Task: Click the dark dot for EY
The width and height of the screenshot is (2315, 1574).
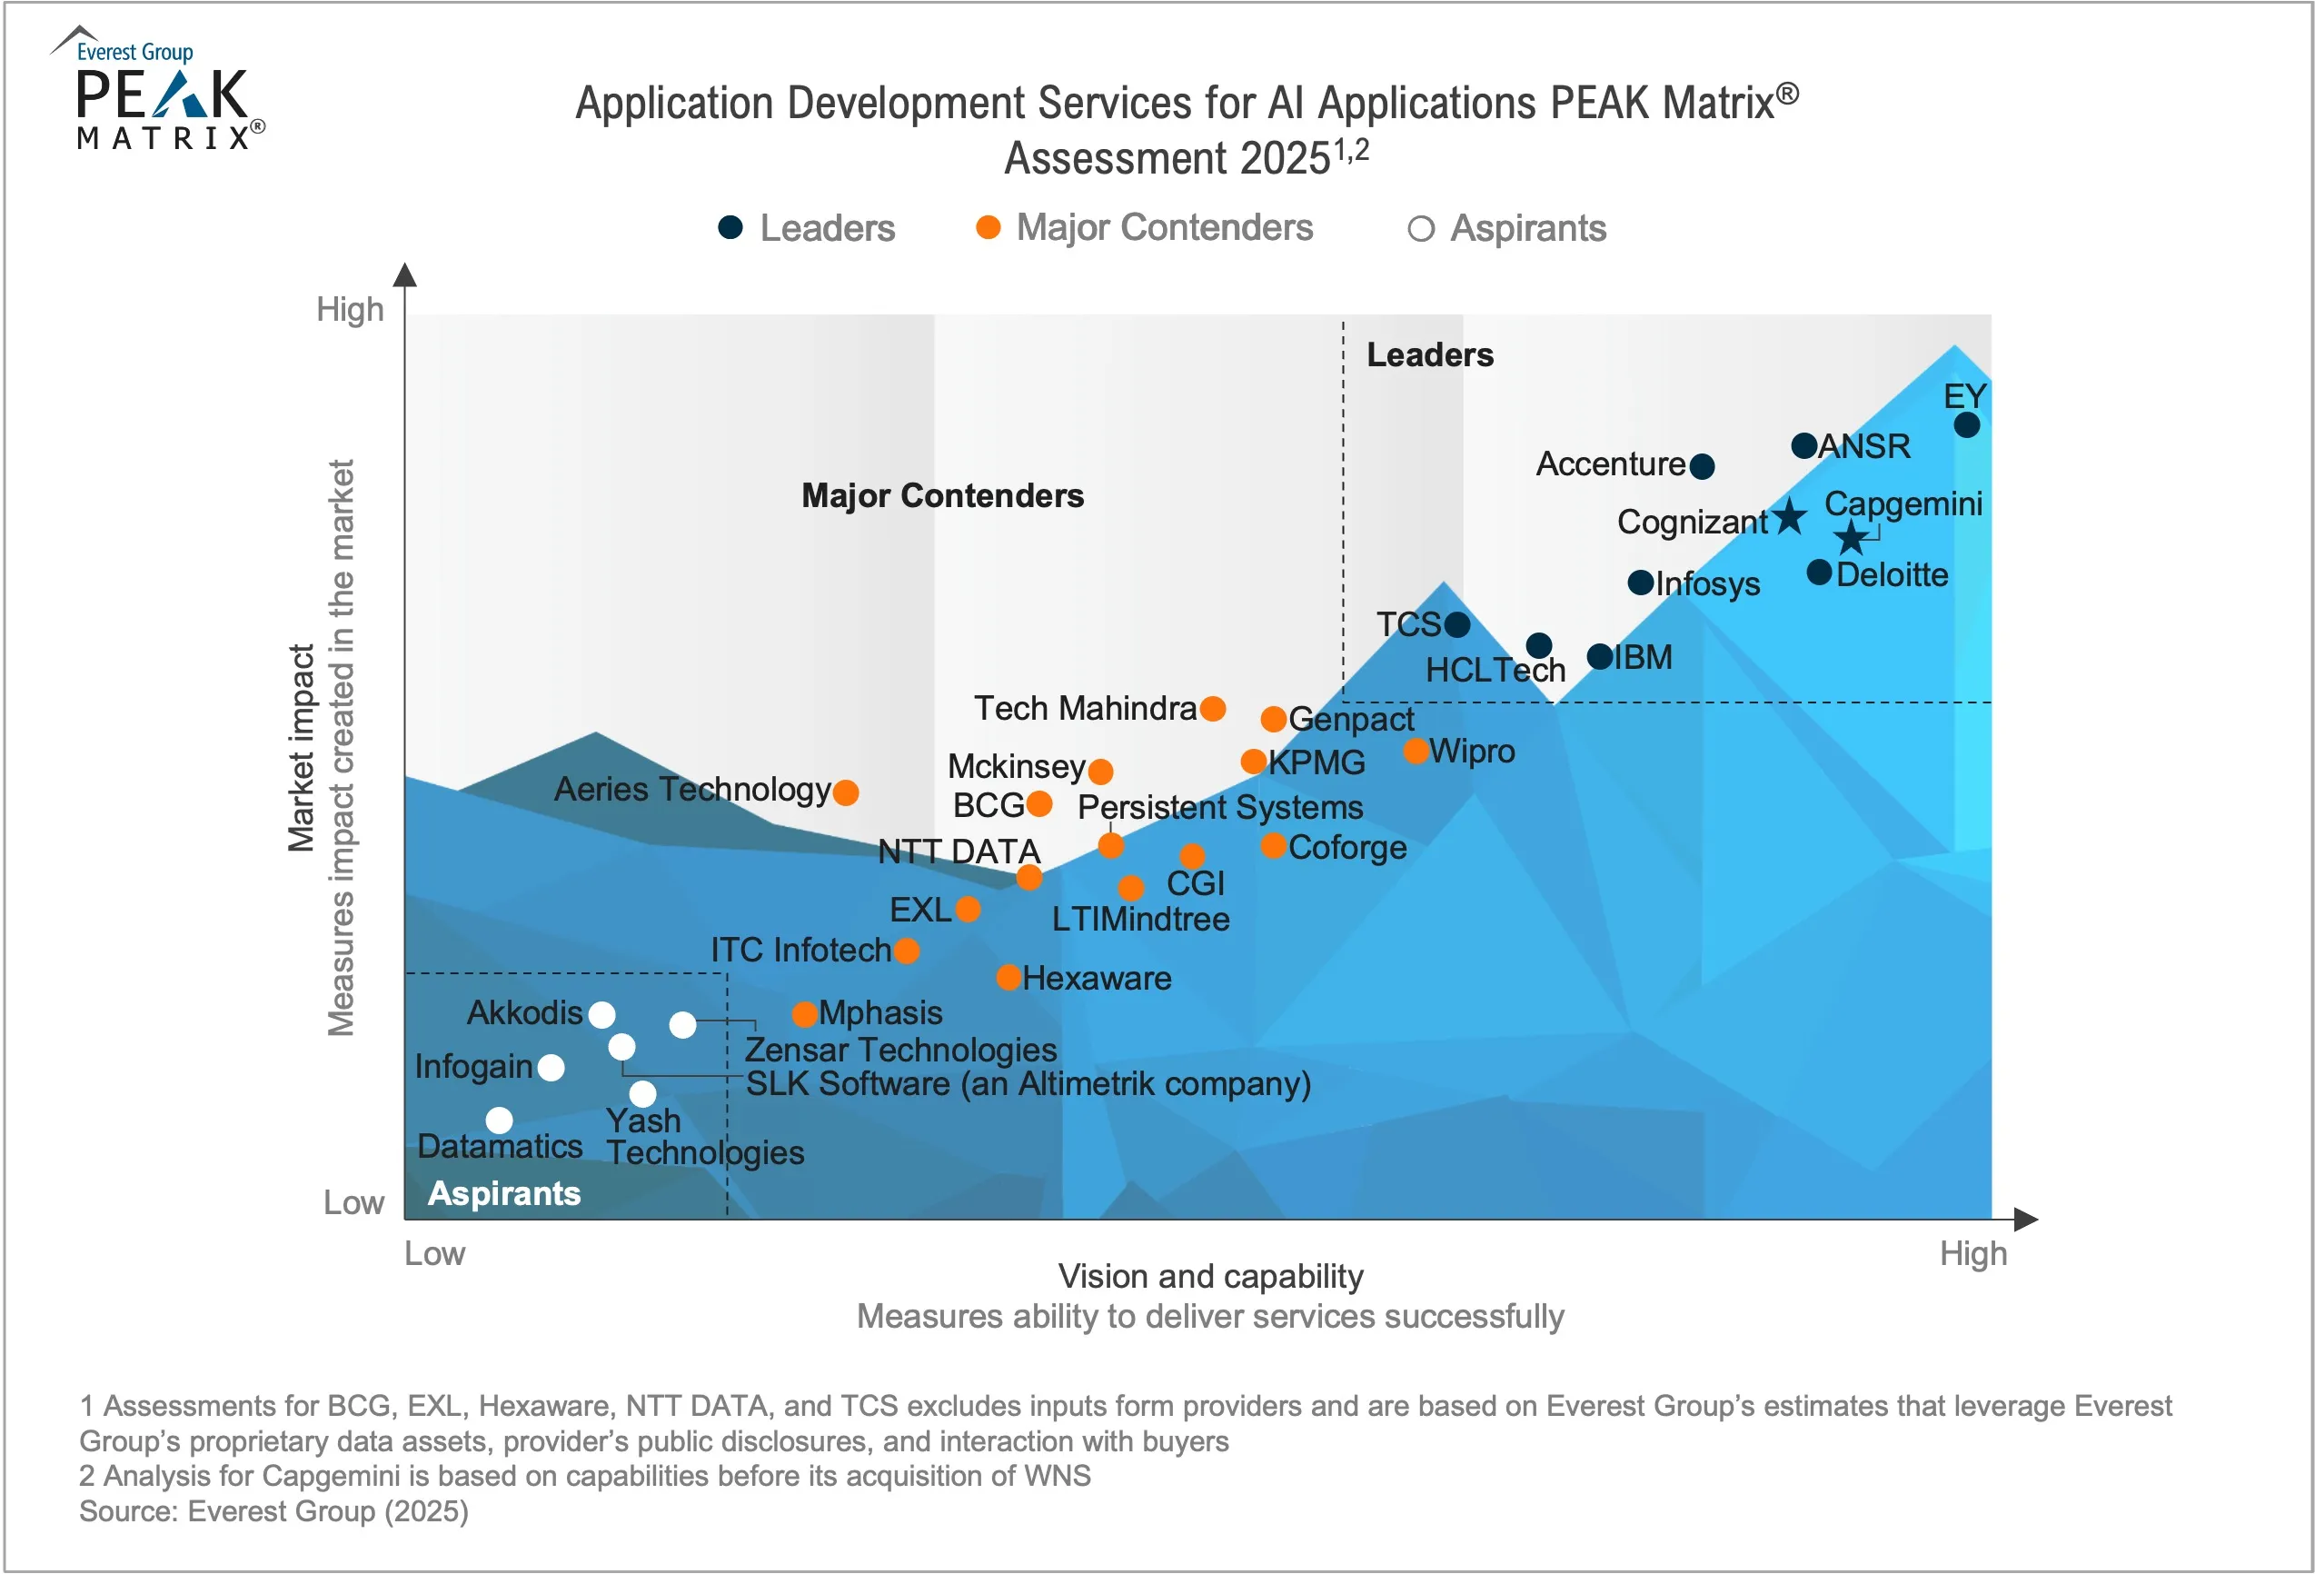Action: pos(1966,425)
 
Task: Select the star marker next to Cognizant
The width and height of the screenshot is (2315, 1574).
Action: pos(1790,516)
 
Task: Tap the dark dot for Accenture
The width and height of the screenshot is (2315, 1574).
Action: pos(1703,465)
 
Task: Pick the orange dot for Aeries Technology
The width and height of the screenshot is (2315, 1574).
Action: pos(846,793)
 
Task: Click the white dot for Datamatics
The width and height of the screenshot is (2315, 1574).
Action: pos(499,1121)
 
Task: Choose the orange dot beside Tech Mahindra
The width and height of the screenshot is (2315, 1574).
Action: pos(1212,709)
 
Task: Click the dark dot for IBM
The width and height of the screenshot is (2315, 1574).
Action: pos(1600,656)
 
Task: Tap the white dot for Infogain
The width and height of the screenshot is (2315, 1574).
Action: pos(551,1068)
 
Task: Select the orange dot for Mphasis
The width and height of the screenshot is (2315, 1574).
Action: pos(805,1014)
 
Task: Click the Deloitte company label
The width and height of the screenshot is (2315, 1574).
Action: pos(1892,575)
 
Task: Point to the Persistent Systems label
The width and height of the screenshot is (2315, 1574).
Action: pos(1220,807)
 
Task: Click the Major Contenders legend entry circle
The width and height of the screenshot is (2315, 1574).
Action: pos(989,228)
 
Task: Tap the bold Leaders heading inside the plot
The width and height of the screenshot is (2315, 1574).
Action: pos(1429,354)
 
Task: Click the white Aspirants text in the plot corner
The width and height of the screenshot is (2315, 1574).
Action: pos(504,1192)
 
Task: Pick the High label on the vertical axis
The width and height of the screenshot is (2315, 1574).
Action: pos(350,309)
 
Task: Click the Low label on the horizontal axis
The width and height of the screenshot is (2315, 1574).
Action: pos(434,1253)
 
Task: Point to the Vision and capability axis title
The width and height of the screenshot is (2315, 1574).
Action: pos(1210,1276)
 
